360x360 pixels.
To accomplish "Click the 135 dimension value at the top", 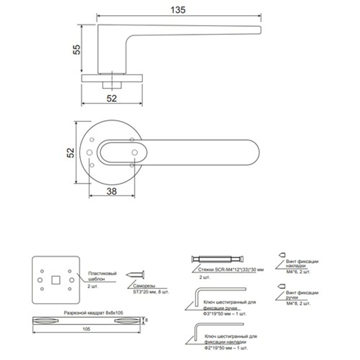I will [x=178, y=10].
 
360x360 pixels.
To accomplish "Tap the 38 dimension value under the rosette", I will [x=112, y=192].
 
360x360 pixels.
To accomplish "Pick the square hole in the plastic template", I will [x=55, y=280].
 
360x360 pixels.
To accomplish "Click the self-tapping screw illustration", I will [x=135, y=275].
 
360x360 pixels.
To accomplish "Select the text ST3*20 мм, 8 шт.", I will [x=148, y=292].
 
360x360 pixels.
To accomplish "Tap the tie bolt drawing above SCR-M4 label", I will [x=218, y=259].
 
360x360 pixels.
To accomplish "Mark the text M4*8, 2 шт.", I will [x=298, y=304].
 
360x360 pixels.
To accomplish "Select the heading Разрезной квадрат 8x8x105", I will [x=93, y=313].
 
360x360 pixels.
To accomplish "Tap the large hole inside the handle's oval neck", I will [x=135, y=153].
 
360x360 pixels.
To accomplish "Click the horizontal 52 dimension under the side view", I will [x=112, y=98].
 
